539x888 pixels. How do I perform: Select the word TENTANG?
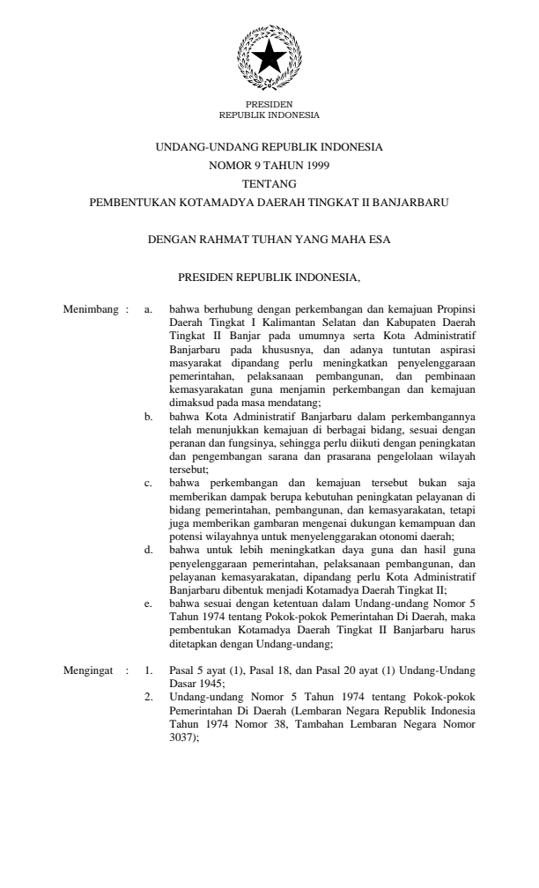point(269,183)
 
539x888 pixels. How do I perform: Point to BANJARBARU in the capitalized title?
point(413,202)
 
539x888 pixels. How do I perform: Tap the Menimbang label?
point(90,311)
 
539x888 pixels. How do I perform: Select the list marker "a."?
point(149,311)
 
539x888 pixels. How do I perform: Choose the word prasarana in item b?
point(352,459)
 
